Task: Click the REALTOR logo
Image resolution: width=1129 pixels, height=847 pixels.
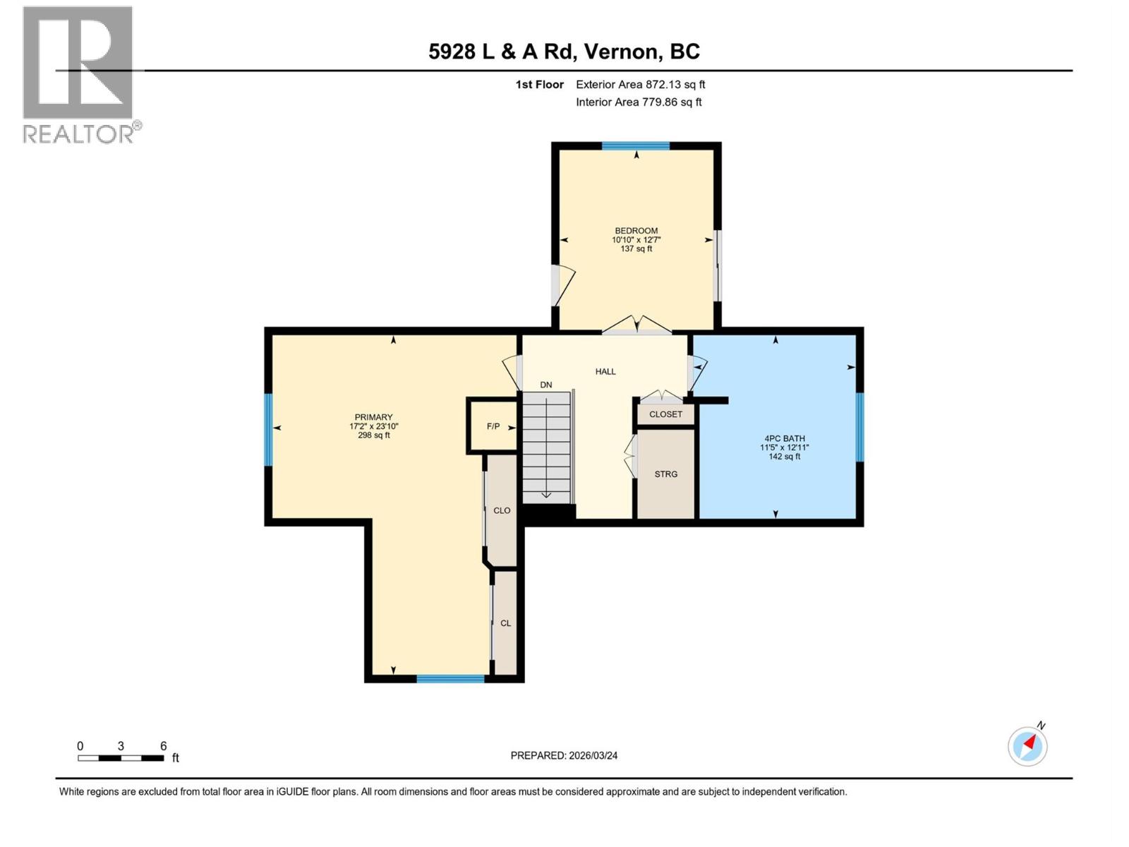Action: (78, 74)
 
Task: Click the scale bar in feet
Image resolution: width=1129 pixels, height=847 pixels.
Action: (121, 757)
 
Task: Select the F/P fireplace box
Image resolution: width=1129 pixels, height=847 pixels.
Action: (493, 426)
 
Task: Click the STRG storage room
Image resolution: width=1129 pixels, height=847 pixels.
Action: (665, 474)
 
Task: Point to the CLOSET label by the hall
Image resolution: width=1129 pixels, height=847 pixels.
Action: (665, 414)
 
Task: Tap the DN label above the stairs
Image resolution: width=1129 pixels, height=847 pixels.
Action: (545, 385)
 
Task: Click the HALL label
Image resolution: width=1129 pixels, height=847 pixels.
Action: (605, 371)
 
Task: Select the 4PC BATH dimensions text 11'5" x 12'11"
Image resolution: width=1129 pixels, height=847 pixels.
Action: (784, 447)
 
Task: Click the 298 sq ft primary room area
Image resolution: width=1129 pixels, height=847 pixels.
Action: (373, 435)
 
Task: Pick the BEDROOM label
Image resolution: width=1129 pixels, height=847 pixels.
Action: (636, 231)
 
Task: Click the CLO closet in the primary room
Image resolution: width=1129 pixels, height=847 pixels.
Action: (502, 510)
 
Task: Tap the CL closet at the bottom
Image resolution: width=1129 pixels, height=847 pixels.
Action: (505, 623)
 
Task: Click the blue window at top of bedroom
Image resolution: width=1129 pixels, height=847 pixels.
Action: (635, 146)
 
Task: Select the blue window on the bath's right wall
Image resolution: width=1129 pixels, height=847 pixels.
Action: (859, 427)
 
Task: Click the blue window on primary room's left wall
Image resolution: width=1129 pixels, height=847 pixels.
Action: (268, 429)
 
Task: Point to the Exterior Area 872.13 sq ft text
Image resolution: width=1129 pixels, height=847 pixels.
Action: (640, 85)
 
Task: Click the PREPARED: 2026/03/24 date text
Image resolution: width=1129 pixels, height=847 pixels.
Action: (564, 755)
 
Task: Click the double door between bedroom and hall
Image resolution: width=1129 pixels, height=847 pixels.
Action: (636, 325)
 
